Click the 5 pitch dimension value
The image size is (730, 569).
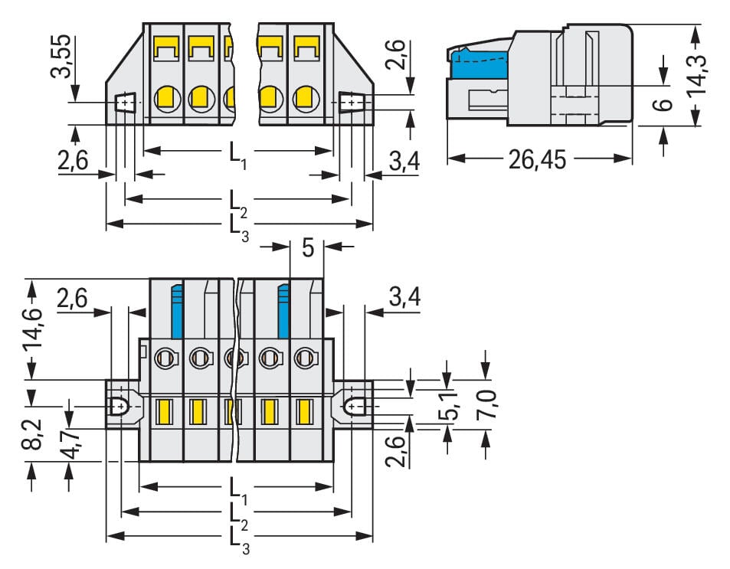[x=308, y=248]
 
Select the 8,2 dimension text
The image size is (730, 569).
[x=32, y=437]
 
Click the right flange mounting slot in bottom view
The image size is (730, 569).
[x=354, y=406]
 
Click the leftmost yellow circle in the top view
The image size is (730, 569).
[x=165, y=97]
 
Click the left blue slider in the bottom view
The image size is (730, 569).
[x=177, y=311]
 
